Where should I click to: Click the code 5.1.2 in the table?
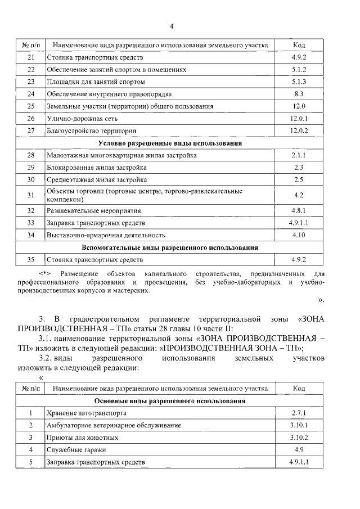[x=299, y=70]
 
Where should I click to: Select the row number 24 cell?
[x=31, y=94]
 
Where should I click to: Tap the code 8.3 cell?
[x=299, y=94]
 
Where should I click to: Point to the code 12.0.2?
[x=299, y=130]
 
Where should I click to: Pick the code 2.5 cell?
[x=299, y=180]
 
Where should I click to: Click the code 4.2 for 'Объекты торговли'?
[x=299, y=195]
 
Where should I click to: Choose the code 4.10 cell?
[x=299, y=235]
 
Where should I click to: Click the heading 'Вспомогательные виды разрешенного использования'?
[x=170, y=247]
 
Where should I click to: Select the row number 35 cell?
[x=31, y=260]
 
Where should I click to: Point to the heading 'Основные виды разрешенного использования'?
[x=170, y=401]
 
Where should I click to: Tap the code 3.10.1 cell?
[x=299, y=425]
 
